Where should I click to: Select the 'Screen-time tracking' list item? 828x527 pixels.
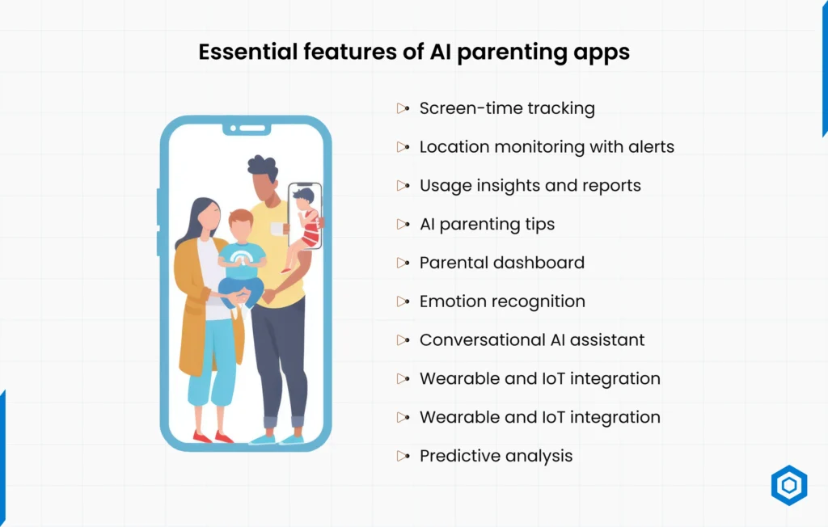click(507, 108)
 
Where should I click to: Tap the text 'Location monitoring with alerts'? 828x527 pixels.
click(547, 147)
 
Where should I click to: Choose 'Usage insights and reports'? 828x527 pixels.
click(530, 186)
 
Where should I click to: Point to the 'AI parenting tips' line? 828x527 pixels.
click(487, 225)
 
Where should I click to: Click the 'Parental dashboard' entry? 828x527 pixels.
click(501, 263)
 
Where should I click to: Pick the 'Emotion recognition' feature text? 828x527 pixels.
click(502, 301)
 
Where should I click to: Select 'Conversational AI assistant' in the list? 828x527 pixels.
click(532, 340)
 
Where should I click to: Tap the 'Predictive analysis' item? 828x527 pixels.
click(496, 456)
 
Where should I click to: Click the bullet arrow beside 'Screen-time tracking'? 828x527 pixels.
click(403, 108)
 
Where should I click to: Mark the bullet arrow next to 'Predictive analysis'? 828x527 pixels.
click(403, 457)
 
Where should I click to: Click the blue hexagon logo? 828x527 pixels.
click(788, 486)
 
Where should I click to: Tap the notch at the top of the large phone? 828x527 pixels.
click(246, 129)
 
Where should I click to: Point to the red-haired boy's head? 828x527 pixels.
click(240, 224)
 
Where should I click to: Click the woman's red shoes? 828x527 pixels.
click(213, 437)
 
